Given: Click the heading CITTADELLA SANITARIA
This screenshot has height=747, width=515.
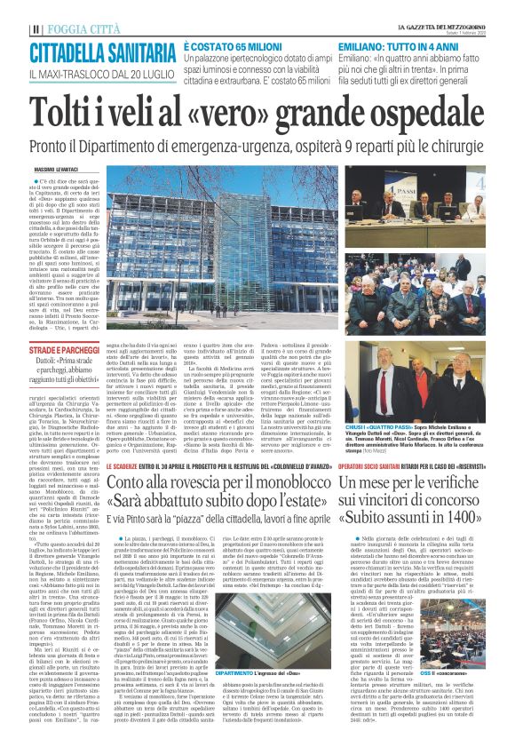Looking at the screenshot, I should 99,51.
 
